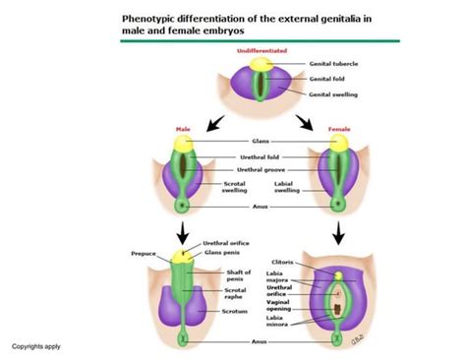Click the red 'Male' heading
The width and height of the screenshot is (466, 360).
[183, 128]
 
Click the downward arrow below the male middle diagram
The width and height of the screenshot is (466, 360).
[183, 234]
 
